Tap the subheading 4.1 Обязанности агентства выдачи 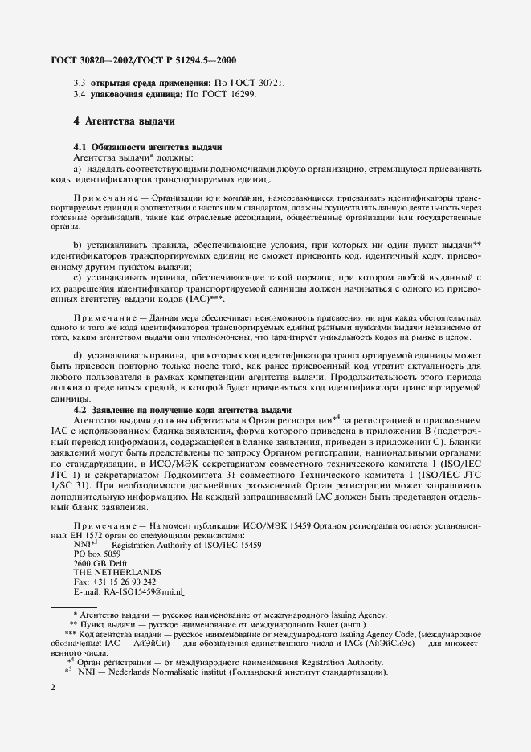[147, 148]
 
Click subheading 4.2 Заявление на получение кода [182, 411]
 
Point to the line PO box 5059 [97, 554]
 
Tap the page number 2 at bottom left [52, 689]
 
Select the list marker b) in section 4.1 [78, 243]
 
